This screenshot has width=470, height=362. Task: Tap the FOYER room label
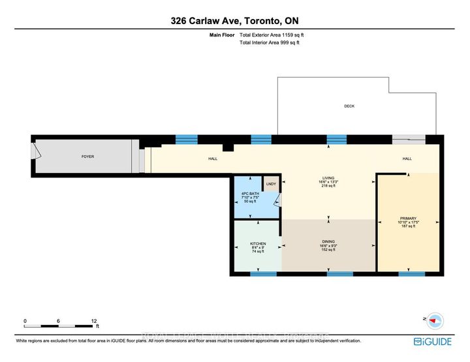[x=87, y=157]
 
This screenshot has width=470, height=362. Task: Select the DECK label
[x=349, y=106]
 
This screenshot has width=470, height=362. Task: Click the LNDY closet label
[x=271, y=183]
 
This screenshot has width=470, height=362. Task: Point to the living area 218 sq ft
[x=328, y=186]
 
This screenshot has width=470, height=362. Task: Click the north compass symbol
[x=435, y=320]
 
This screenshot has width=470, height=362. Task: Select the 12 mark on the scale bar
[x=94, y=321]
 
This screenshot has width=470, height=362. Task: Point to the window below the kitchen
[x=259, y=273]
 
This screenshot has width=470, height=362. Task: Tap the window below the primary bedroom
[x=408, y=273]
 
